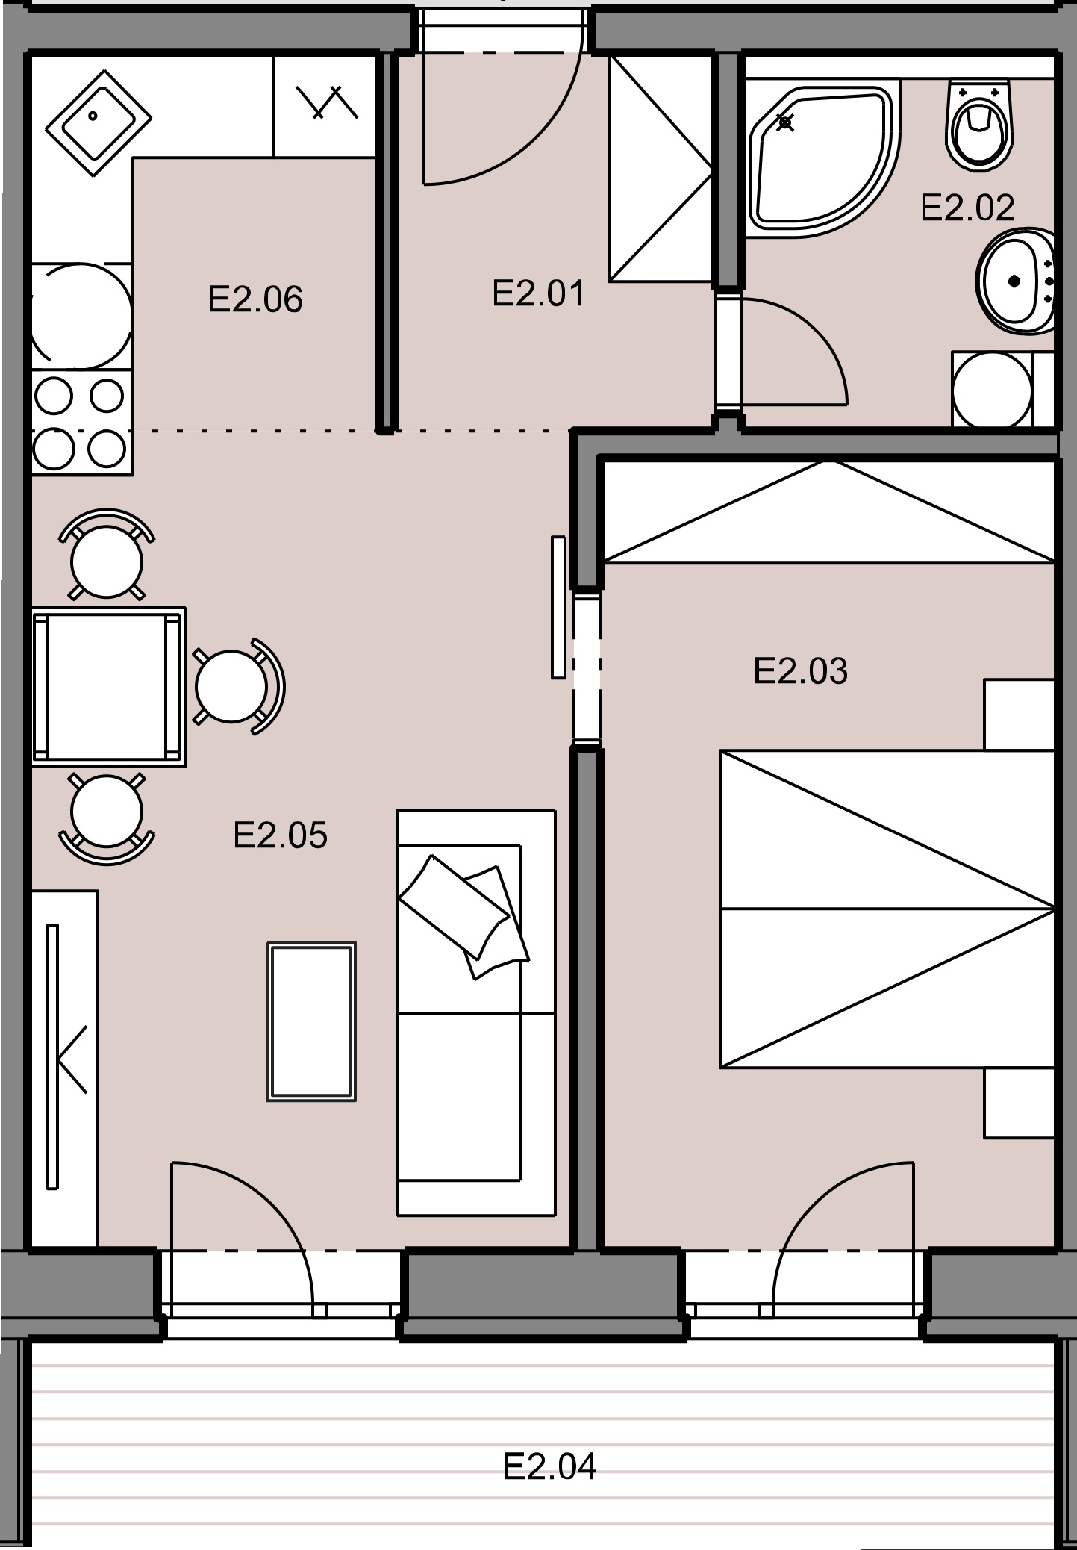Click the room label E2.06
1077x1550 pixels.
point(255,299)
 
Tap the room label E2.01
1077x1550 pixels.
point(538,293)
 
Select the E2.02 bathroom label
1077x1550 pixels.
point(967,208)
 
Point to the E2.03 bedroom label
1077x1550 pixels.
point(800,670)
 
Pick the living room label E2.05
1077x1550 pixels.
point(280,835)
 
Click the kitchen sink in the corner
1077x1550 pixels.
point(99,123)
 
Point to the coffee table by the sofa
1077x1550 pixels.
point(311,1021)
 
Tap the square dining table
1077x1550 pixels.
point(109,686)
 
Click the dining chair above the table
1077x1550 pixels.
point(107,555)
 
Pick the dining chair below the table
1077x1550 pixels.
point(107,818)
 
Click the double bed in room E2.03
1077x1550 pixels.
point(887,909)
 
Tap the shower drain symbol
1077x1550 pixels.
point(785,122)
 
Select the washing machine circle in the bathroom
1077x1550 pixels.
point(993,390)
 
